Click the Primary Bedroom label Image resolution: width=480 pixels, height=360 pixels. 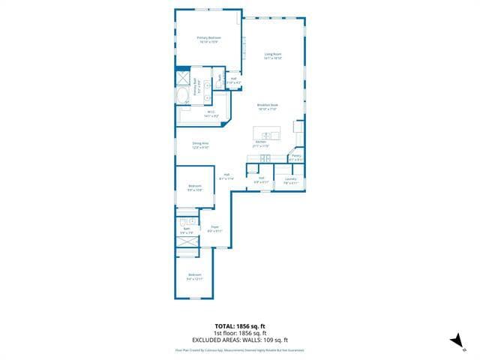pos(208,39)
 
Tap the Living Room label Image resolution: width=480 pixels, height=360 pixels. pos(272,55)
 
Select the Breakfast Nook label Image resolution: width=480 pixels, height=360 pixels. pos(268,106)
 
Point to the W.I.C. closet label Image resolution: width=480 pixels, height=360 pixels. pos(211,114)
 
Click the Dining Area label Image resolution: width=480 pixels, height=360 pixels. pos(200,144)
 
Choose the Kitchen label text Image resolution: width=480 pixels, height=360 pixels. pos(261,143)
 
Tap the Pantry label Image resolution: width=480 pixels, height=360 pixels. pos(296,157)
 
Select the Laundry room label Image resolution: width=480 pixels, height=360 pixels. pos(290,180)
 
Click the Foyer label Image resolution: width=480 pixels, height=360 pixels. pos(214,228)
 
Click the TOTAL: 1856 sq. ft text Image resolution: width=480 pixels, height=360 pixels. pos(240,325)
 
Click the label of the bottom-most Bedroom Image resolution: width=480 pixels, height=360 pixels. pos(195,277)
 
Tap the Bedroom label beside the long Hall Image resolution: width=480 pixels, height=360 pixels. pos(195,187)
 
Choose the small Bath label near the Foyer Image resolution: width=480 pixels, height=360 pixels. pos(187,230)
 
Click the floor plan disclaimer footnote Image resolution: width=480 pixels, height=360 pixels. pos(240,349)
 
